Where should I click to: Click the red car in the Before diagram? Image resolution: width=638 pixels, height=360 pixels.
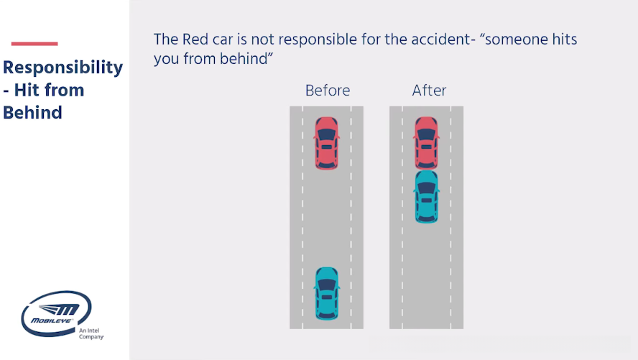[x=326, y=143]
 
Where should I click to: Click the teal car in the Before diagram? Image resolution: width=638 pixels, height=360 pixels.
[x=326, y=293]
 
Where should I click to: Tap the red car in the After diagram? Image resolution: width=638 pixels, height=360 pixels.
[x=426, y=142]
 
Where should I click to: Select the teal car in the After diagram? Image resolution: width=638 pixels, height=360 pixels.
[x=426, y=196]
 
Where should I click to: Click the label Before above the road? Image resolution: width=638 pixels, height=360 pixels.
[x=328, y=91]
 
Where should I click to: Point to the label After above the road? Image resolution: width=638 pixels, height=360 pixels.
[x=429, y=91]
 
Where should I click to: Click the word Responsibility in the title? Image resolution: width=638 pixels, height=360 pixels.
[x=63, y=68]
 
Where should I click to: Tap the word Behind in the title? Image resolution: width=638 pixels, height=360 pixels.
[x=32, y=113]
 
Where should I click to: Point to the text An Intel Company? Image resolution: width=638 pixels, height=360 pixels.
[x=91, y=333]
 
